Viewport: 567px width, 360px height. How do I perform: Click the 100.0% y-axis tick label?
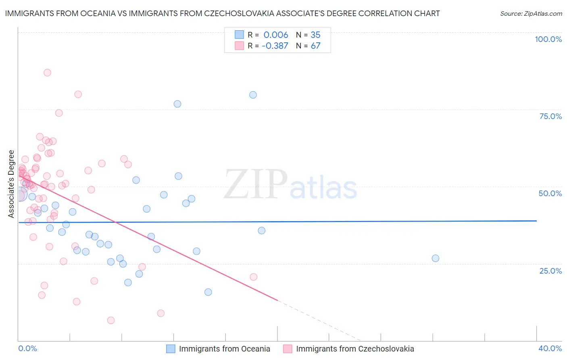coord(548,39)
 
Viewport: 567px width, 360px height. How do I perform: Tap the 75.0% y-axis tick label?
coord(550,116)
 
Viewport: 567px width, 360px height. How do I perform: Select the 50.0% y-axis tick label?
coord(550,193)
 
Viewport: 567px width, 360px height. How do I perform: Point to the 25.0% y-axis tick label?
coord(550,271)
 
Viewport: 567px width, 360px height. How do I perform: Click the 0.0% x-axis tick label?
coord(27,348)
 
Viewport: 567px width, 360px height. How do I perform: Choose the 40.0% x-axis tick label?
coord(550,348)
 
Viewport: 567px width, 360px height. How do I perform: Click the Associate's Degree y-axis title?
coord(11,184)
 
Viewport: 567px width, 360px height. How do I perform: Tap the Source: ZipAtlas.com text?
coord(531,14)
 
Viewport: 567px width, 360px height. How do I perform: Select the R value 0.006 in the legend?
coord(276,35)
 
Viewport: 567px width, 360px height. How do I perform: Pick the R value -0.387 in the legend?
coord(275,46)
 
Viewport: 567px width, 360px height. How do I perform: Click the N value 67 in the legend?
coord(315,46)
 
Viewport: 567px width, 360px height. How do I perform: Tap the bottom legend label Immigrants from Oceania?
coord(224,349)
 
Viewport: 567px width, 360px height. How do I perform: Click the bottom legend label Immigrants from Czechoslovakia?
coord(355,349)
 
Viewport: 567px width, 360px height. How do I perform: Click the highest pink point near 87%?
coord(47,73)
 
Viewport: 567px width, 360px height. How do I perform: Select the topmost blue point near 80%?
coord(253,95)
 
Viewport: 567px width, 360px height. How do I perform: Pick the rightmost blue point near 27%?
coord(436,258)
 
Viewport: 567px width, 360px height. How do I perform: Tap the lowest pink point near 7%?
coord(111,320)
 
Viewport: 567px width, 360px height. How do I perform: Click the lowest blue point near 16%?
coord(208,292)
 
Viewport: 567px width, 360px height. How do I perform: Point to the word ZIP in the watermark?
coord(255,184)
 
